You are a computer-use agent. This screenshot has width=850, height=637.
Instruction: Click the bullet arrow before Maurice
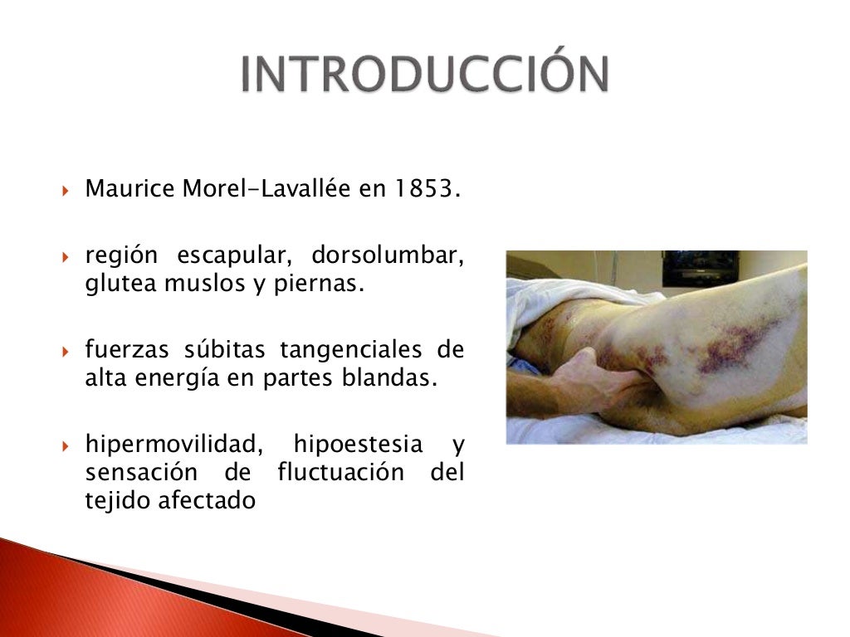(x=68, y=191)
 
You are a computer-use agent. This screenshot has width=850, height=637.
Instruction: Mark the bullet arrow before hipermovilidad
(x=68, y=445)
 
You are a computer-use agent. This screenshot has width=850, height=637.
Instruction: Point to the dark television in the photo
(x=699, y=267)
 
